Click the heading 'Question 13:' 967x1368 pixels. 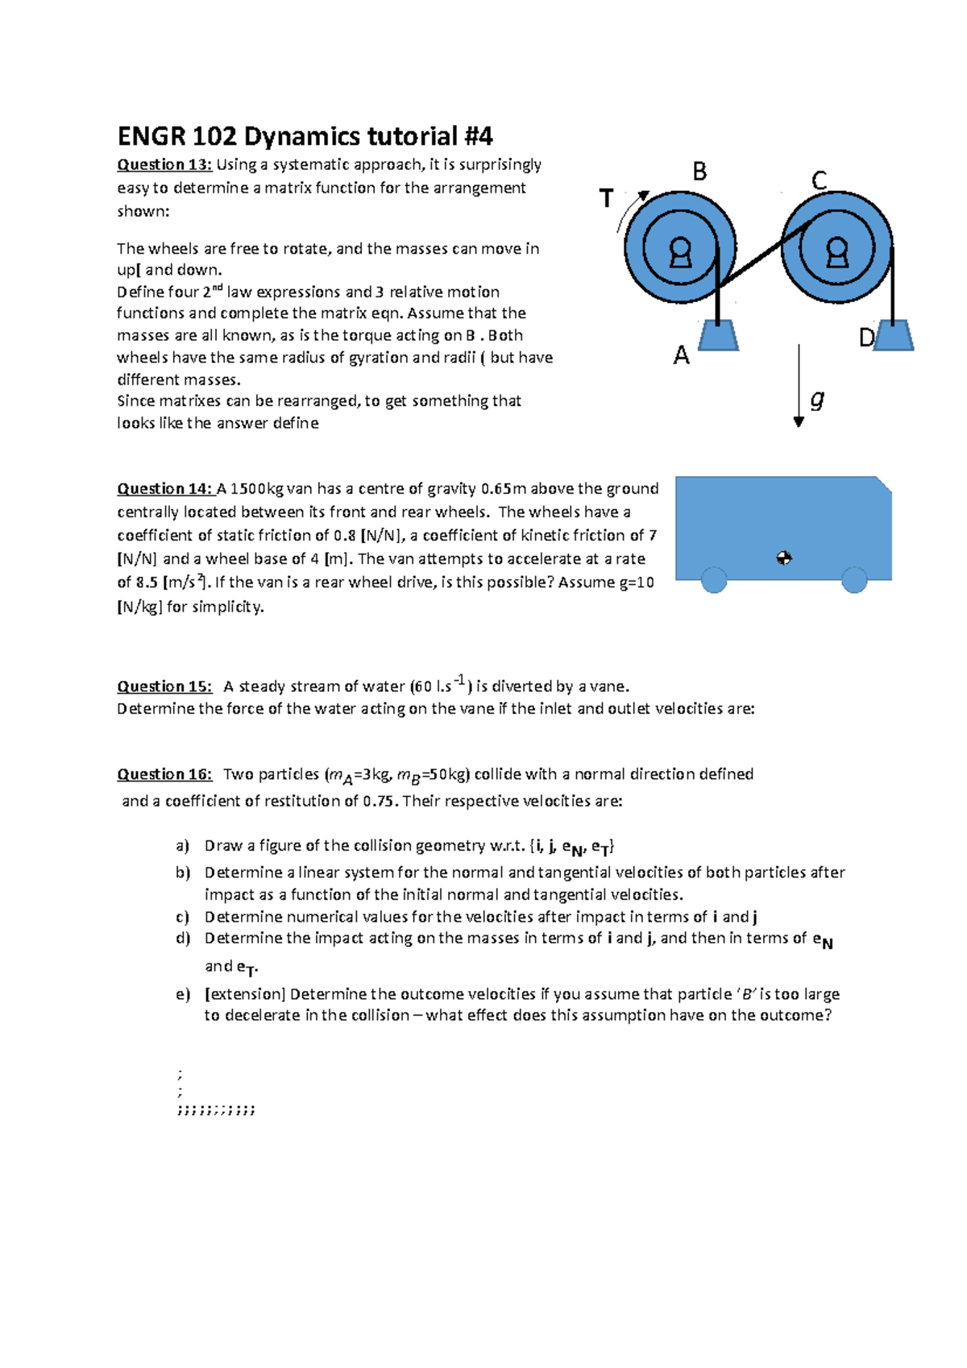[x=164, y=164]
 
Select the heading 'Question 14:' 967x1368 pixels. [x=164, y=488]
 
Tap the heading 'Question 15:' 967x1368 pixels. [x=164, y=686]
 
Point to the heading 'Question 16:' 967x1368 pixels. [x=164, y=774]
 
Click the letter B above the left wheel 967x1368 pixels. [x=699, y=172]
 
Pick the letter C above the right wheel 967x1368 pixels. [x=819, y=180]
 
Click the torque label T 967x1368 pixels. [x=606, y=198]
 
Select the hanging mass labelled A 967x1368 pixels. [x=717, y=335]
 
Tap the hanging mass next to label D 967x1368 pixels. [x=893, y=335]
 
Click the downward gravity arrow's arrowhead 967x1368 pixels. [x=799, y=421]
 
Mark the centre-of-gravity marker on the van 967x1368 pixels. [x=784, y=558]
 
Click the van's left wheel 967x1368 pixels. [x=714, y=580]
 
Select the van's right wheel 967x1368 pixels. [x=854, y=580]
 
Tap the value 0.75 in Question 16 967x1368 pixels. [x=380, y=801]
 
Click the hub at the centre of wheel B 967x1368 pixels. [x=680, y=251]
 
